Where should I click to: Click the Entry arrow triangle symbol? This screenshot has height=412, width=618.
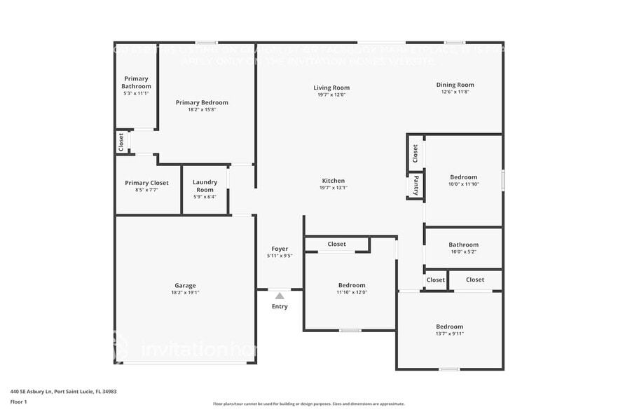point(279,296)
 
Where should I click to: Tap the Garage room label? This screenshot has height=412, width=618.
point(185,285)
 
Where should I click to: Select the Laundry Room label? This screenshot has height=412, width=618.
point(205,186)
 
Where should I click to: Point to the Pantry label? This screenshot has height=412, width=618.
point(416,185)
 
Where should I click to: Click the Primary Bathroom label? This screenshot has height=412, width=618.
point(136,82)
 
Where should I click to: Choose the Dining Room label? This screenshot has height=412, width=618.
point(455,85)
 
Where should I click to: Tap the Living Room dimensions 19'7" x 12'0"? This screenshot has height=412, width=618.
point(331,95)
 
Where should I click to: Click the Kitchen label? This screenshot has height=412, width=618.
point(333,180)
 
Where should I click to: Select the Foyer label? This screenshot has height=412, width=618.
point(280,249)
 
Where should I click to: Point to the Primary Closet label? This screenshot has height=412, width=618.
point(147,183)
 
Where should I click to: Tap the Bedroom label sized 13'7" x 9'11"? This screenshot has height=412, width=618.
point(449,327)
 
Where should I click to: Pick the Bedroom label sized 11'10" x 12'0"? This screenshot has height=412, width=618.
point(352,285)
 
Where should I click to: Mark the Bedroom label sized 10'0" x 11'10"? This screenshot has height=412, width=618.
point(463,177)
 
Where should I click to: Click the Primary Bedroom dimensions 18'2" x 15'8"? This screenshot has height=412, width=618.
point(202,109)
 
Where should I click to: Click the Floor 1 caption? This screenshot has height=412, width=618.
point(18,401)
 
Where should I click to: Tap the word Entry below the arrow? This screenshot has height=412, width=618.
point(280,306)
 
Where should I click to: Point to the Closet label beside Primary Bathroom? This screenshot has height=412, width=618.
point(121,142)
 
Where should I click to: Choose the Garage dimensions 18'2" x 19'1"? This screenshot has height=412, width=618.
point(185,292)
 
